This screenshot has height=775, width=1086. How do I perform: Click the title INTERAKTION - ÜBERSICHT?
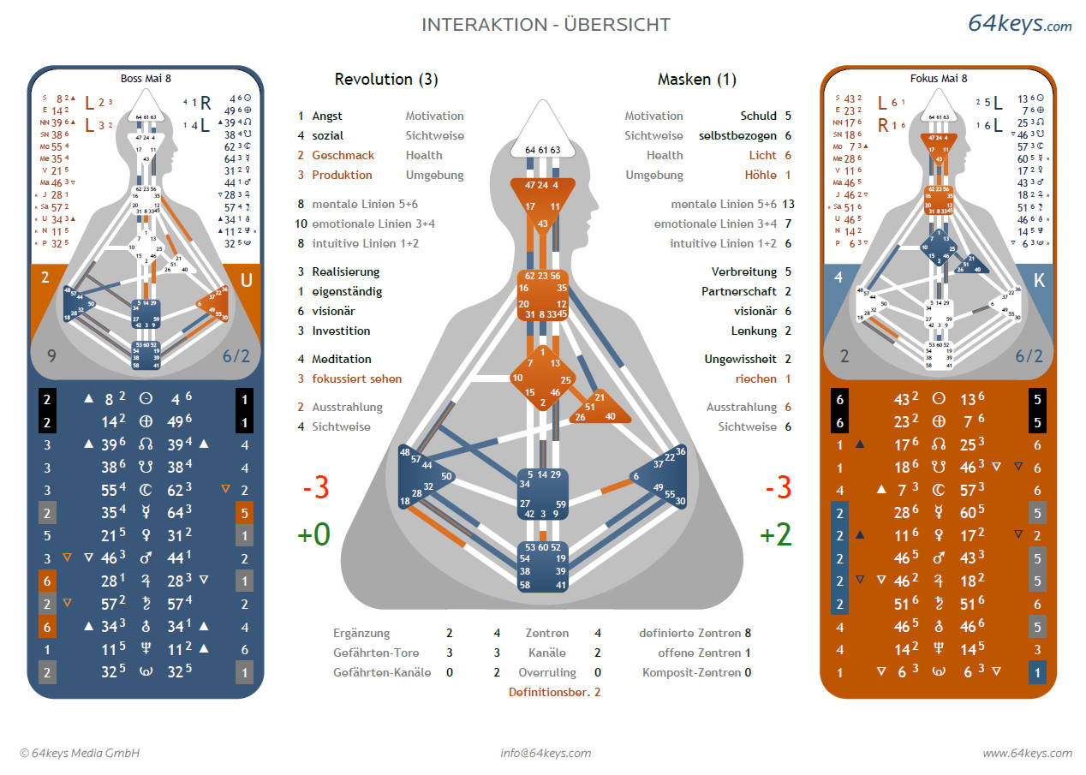546,25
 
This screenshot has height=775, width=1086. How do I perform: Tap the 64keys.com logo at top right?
1019,24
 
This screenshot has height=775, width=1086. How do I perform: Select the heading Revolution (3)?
386,80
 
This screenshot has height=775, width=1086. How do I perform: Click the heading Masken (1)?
697,80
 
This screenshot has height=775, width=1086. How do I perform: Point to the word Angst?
327,116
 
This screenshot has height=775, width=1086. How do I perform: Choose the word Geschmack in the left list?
342,155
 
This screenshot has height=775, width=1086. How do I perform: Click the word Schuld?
758,116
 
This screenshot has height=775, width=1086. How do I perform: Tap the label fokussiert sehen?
356,379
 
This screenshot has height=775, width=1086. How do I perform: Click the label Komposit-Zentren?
691,672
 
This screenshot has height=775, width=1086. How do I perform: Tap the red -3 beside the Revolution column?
315,488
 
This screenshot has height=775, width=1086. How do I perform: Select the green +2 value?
775,535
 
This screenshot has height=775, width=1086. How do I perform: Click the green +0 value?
313,535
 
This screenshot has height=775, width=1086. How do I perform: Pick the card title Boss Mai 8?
145,78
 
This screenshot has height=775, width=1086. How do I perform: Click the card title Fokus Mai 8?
939,78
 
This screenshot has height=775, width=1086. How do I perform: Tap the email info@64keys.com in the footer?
546,754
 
